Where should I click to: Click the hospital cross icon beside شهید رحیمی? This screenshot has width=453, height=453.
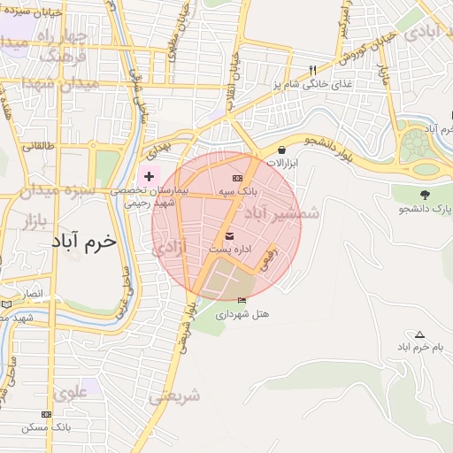click(149, 177)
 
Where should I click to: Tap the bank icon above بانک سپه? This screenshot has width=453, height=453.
click(236, 179)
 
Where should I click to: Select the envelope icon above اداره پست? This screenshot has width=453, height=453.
click(230, 236)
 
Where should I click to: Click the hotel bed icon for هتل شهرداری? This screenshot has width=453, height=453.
click(242, 301)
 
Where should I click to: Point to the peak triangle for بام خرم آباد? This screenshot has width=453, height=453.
click(419, 334)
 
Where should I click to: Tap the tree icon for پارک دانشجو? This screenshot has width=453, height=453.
click(426, 194)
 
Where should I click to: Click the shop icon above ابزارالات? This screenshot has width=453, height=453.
click(281, 150)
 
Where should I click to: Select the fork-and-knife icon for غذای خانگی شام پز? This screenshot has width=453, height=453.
click(311, 71)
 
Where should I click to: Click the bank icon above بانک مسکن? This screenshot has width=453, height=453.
click(46, 413)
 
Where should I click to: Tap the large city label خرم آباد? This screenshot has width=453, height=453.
click(85, 241)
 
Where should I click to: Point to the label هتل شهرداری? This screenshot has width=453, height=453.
click(242, 314)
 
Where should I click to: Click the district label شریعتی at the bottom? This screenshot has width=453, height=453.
click(173, 396)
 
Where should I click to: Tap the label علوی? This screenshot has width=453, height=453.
click(71, 389)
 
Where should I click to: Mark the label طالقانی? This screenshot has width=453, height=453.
click(38, 145)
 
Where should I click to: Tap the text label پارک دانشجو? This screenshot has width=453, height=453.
click(424, 209)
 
